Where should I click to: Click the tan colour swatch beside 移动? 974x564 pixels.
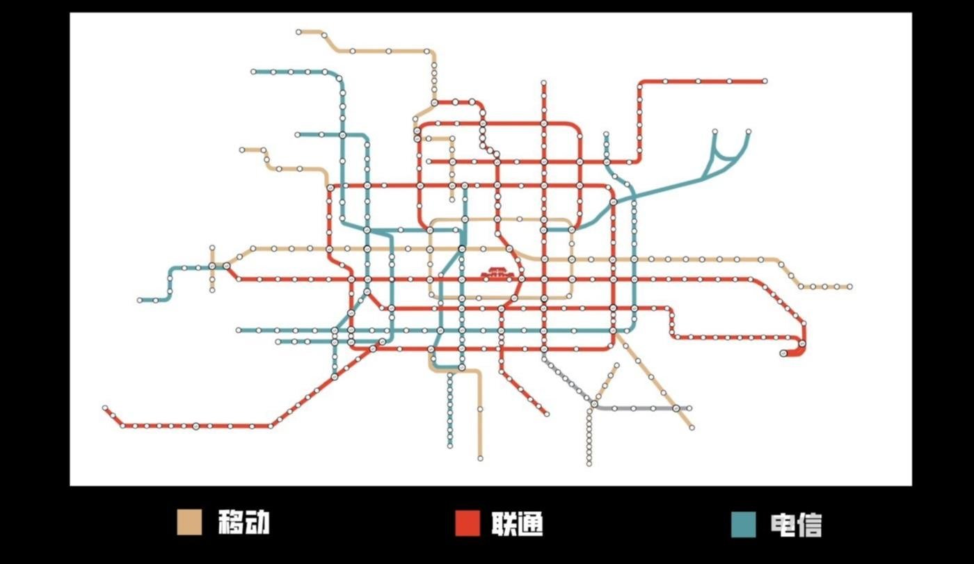click(x=189, y=522)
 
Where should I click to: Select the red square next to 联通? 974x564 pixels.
click(x=468, y=524)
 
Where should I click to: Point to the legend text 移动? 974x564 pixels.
click(x=243, y=522)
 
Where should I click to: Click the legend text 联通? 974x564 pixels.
click(x=517, y=524)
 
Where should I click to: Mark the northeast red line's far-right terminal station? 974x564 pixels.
click(x=765, y=81)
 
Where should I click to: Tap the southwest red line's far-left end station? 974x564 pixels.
click(x=105, y=408)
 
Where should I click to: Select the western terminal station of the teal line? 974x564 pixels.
click(x=140, y=300)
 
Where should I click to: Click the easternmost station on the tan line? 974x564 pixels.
click(x=849, y=287)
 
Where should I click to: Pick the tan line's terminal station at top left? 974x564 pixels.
click(x=298, y=32)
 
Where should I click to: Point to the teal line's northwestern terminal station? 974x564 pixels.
click(x=254, y=72)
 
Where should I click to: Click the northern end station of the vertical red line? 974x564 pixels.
click(x=543, y=83)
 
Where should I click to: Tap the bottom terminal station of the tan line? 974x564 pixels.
click(x=480, y=458)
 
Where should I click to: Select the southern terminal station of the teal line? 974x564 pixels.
click(x=449, y=445)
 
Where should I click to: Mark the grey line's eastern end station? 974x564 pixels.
click(x=689, y=408)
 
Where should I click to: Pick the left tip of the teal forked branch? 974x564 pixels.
click(x=714, y=131)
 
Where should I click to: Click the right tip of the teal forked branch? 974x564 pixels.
click(x=749, y=131)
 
